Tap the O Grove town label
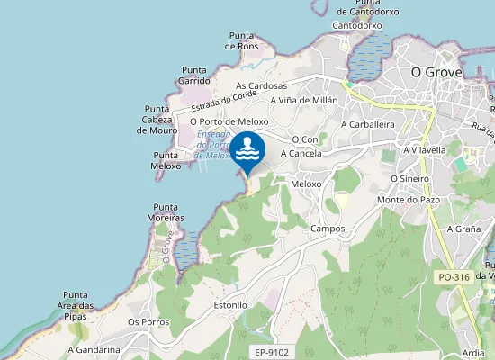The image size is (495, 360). point(436,71)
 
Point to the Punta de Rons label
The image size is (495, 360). point(241,40)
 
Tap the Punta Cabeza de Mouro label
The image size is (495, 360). point(157,120)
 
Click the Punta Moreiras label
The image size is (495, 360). point(168,212)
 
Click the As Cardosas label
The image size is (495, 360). point(261,86)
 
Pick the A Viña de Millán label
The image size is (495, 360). point(303,101)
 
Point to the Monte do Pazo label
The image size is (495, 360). point(408,199)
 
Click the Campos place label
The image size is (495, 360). point(328,229)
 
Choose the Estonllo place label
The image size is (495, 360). point(230,305)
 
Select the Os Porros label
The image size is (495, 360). point(148,321)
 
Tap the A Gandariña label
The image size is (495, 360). point(94,349)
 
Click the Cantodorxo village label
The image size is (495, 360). point(357,26)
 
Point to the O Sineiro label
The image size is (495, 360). point(409,178)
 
